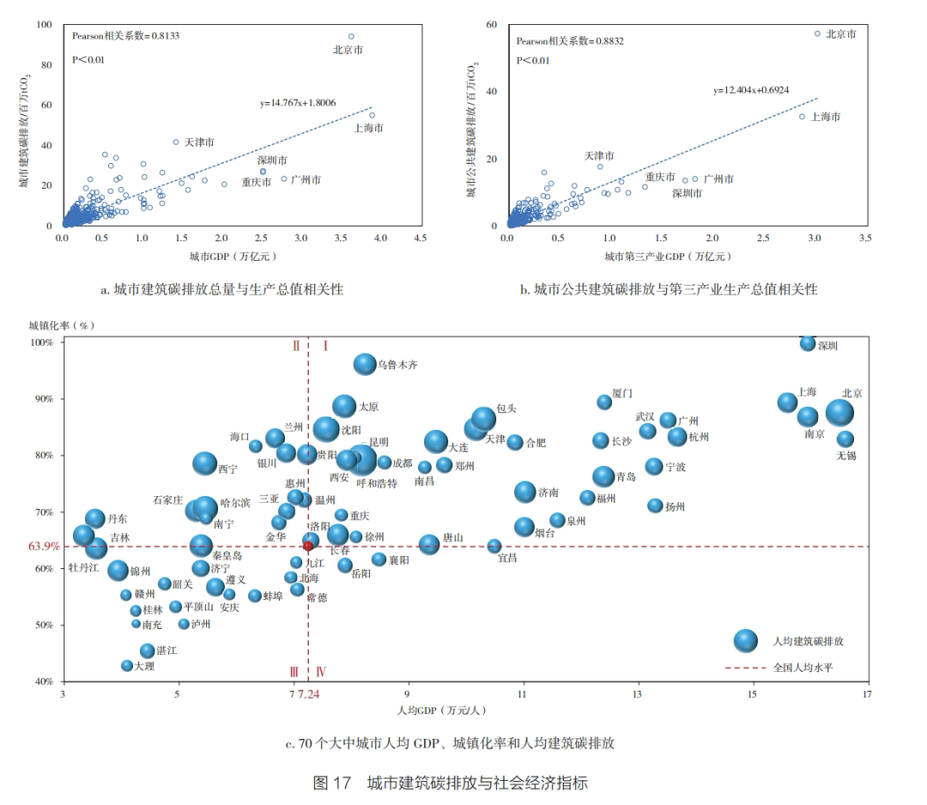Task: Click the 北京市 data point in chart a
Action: click(351, 37)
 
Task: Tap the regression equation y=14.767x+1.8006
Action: click(298, 103)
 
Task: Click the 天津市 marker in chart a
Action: click(176, 142)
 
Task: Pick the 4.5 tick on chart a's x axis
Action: click(420, 237)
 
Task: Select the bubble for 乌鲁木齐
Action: click(365, 364)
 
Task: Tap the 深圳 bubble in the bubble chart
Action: click(808, 343)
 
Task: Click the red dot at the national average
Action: click(308, 546)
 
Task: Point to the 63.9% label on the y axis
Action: click(45, 546)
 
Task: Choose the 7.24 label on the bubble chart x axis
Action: click(308, 693)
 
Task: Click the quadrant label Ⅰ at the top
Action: click(326, 346)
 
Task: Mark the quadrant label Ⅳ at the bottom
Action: click(321, 672)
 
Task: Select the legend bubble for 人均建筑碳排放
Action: click(746, 640)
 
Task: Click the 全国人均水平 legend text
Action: click(803, 666)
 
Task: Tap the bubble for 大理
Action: click(127, 665)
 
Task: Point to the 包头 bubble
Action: click(484, 418)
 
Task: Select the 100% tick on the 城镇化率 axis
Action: click(42, 342)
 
